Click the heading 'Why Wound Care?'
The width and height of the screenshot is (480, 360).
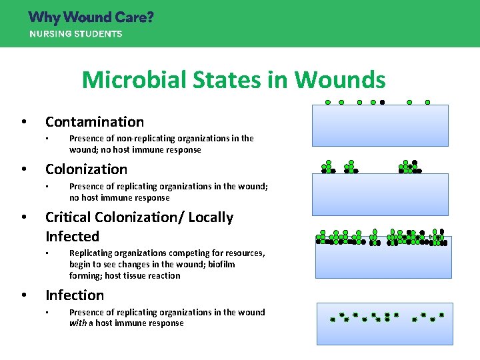click(x=91, y=17)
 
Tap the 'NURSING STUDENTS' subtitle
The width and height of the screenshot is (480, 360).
click(x=75, y=34)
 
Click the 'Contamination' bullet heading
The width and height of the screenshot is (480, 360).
click(x=95, y=122)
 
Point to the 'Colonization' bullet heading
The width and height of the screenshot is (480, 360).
click(x=86, y=169)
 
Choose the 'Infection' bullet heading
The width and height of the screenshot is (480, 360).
click(x=75, y=295)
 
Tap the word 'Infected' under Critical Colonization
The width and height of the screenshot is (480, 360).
click(x=72, y=237)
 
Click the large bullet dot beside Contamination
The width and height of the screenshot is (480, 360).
click(x=23, y=122)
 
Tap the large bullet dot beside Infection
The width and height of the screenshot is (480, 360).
click(x=23, y=295)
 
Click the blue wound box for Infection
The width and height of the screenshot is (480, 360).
click(x=385, y=323)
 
